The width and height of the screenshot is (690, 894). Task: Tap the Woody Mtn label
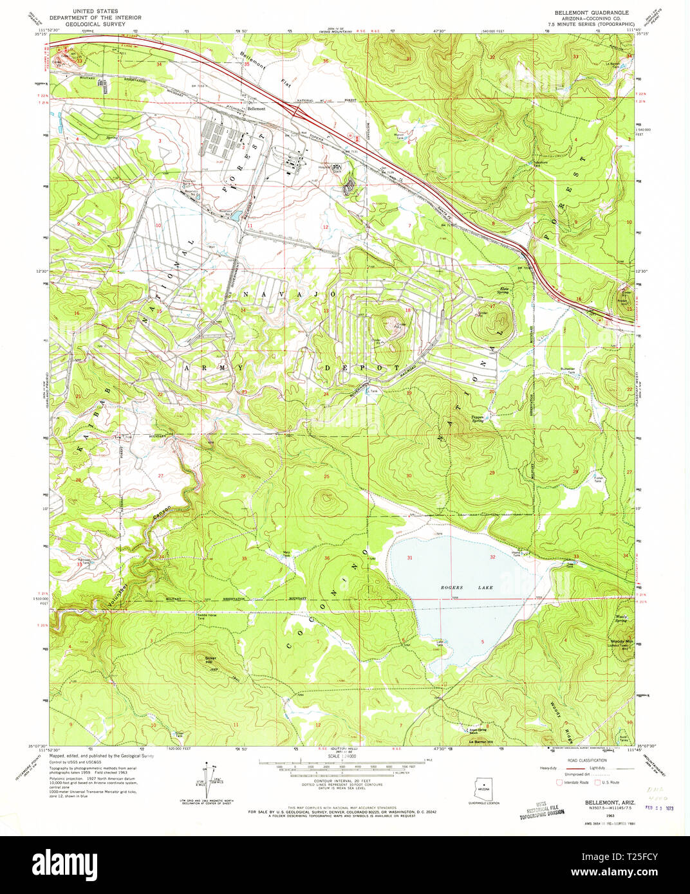point(622,642)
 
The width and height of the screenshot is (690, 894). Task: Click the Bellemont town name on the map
point(256,109)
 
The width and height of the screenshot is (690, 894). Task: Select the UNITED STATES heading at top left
point(91,12)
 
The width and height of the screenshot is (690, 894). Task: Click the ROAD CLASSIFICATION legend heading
point(584,759)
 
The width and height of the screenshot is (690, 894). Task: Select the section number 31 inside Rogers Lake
point(409,558)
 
